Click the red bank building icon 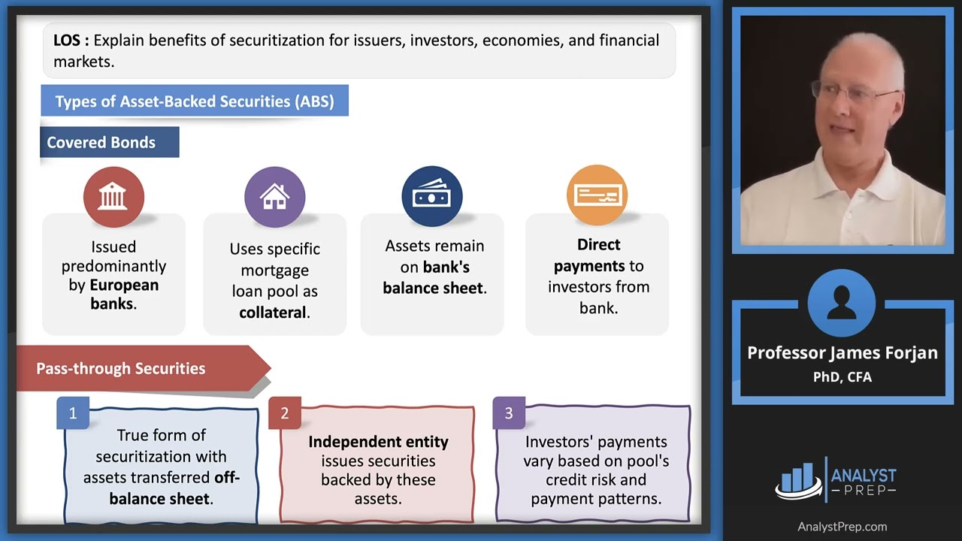pos(113,197)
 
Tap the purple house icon pos(274,197)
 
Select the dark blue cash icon pos(432,197)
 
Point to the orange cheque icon pos(597,195)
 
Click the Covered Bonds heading pos(101,143)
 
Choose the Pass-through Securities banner pos(121,369)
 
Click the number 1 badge pos(73,413)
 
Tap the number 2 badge pos(284,413)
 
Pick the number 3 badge pos(509,413)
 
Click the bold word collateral pos(271,313)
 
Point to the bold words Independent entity pos(378,442)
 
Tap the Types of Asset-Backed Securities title pos(195,101)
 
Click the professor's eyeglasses pos(853,92)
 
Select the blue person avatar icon pos(842,304)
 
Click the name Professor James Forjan pos(842,353)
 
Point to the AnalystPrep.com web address pos(842,527)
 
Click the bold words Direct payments pos(598,255)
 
